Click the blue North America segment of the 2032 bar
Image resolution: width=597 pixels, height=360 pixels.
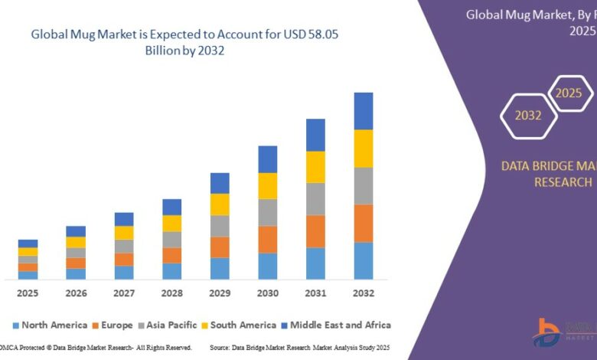(x=363, y=260)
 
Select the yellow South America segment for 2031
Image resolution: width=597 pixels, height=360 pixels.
(x=315, y=167)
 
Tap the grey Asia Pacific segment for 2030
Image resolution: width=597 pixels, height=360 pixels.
(x=267, y=212)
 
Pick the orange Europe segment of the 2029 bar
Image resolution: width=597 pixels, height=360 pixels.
(x=220, y=247)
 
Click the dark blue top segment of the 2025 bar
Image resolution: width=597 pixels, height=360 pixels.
(x=28, y=244)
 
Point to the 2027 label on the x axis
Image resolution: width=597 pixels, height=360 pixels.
(x=124, y=293)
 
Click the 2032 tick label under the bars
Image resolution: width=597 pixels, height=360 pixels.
(x=363, y=293)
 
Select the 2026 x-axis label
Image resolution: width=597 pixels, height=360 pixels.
(x=76, y=293)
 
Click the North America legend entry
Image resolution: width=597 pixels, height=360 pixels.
(x=48, y=325)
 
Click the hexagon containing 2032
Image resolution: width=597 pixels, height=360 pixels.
(x=528, y=116)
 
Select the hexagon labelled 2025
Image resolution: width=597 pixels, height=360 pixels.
(x=569, y=93)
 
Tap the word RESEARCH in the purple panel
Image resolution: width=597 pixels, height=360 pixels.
(x=563, y=182)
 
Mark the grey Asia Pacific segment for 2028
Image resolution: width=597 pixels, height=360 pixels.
(x=172, y=240)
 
